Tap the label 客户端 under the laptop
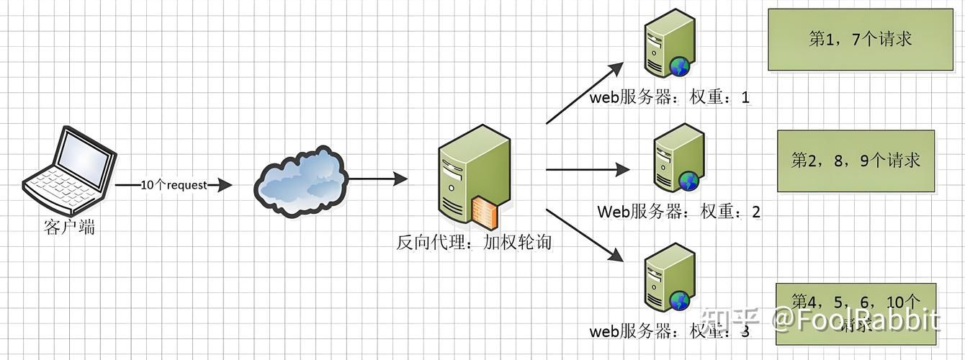(x=69, y=228)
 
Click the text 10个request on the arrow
(x=173, y=185)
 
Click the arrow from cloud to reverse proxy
(x=377, y=177)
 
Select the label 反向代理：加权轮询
(x=473, y=242)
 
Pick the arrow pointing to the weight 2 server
(x=587, y=170)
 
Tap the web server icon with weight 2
(x=677, y=160)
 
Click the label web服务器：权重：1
(x=670, y=97)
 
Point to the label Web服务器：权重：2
(x=678, y=212)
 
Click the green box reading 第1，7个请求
(x=860, y=40)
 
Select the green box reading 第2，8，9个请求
(x=856, y=161)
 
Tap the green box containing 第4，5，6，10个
(x=856, y=310)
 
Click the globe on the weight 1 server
(x=679, y=67)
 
